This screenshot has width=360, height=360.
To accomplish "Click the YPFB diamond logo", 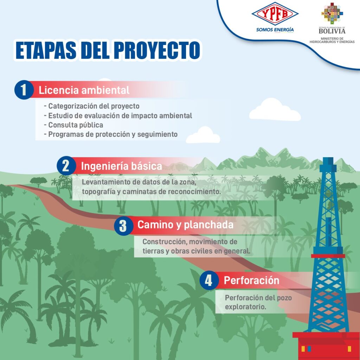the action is tap(275, 14).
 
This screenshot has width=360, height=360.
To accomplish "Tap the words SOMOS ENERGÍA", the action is tap(275, 30).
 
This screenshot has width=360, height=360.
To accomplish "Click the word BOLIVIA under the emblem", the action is tap(332, 31).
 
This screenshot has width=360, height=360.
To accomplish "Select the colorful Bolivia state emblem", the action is tap(332, 13).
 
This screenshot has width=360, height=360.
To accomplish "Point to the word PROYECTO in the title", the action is tap(157, 50).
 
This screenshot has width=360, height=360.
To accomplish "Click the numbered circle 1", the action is tap(24, 90).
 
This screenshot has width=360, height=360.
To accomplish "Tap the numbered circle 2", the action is tap(66, 166).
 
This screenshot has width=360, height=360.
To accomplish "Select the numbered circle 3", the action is tap(123, 226).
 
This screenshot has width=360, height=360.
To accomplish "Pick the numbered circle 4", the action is tap(209, 280).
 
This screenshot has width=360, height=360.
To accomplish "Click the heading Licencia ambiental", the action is tap(84, 90).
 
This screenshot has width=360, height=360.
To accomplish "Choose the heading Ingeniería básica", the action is tap(121, 166).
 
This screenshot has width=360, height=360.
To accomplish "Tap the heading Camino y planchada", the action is tap(185, 225).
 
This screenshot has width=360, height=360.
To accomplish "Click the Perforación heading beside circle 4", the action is tap(251, 281).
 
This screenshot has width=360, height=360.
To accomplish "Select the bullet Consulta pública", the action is tap(73, 125).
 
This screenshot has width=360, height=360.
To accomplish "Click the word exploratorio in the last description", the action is tap(245, 307).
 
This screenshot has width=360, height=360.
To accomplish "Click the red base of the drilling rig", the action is tap(326, 346).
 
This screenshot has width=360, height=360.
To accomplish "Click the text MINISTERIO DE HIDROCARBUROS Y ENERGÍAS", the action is tap(332, 40).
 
